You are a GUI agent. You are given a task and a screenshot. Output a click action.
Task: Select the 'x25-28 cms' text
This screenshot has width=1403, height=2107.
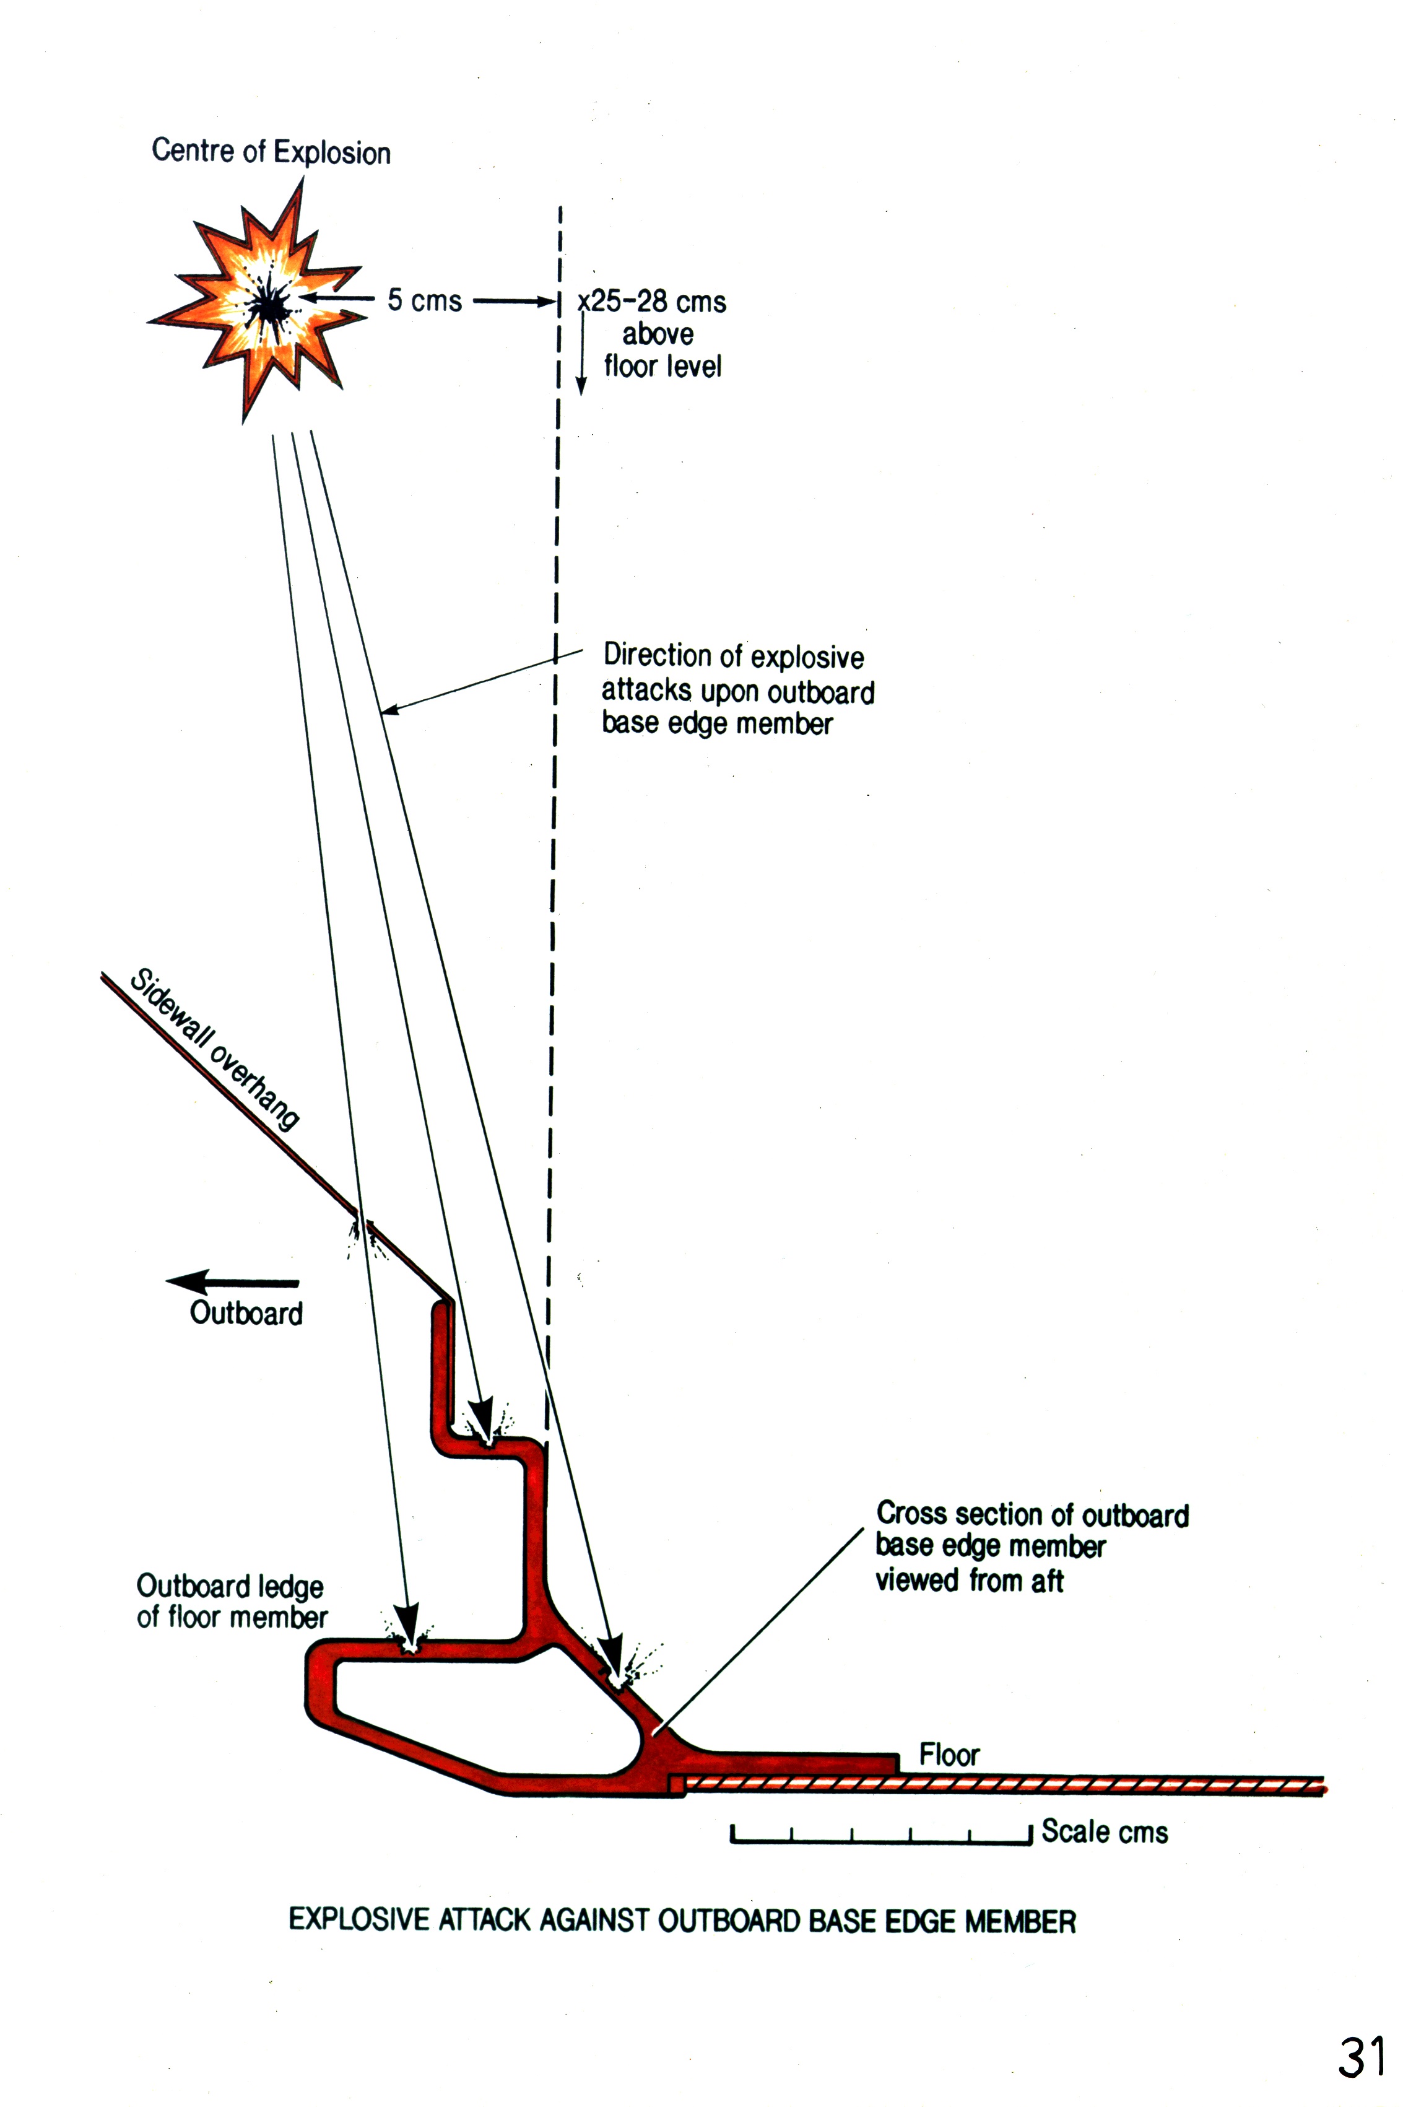point(653,302)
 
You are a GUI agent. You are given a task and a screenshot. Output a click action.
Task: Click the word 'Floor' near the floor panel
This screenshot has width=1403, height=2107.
point(949,1755)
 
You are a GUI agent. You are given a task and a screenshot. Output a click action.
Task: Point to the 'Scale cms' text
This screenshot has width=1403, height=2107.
point(1104,1831)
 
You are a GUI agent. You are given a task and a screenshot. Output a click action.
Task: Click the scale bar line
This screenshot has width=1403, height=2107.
point(881,1840)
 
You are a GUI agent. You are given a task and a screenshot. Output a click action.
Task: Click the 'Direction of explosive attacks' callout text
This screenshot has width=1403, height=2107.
point(736,689)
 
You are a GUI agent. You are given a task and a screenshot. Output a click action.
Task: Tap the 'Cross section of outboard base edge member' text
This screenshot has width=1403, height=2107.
point(1032,1546)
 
